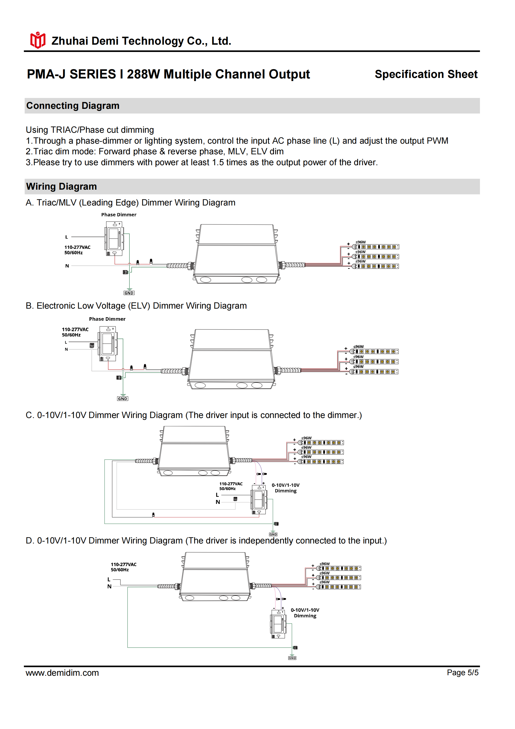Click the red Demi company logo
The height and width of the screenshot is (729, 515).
[x=38, y=40]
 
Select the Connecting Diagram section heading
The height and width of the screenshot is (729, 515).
[x=73, y=106]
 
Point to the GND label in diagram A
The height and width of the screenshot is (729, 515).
[x=129, y=293]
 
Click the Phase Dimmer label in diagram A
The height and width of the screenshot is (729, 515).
[x=119, y=215]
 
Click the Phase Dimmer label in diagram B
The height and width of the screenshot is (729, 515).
[x=107, y=319]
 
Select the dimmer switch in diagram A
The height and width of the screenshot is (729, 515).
[x=114, y=239]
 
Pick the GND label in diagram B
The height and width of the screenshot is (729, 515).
[x=123, y=399]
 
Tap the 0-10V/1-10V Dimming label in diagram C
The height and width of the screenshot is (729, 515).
[x=286, y=488]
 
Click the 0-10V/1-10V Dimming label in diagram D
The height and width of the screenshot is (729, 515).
[x=305, y=613]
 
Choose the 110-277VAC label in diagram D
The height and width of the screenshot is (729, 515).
[x=124, y=565]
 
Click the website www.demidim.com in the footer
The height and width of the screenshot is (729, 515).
[x=62, y=673]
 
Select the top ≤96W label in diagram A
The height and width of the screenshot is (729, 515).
[x=361, y=242]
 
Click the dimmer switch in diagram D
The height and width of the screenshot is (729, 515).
[x=278, y=624]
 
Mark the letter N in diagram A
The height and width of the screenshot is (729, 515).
[x=67, y=266]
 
